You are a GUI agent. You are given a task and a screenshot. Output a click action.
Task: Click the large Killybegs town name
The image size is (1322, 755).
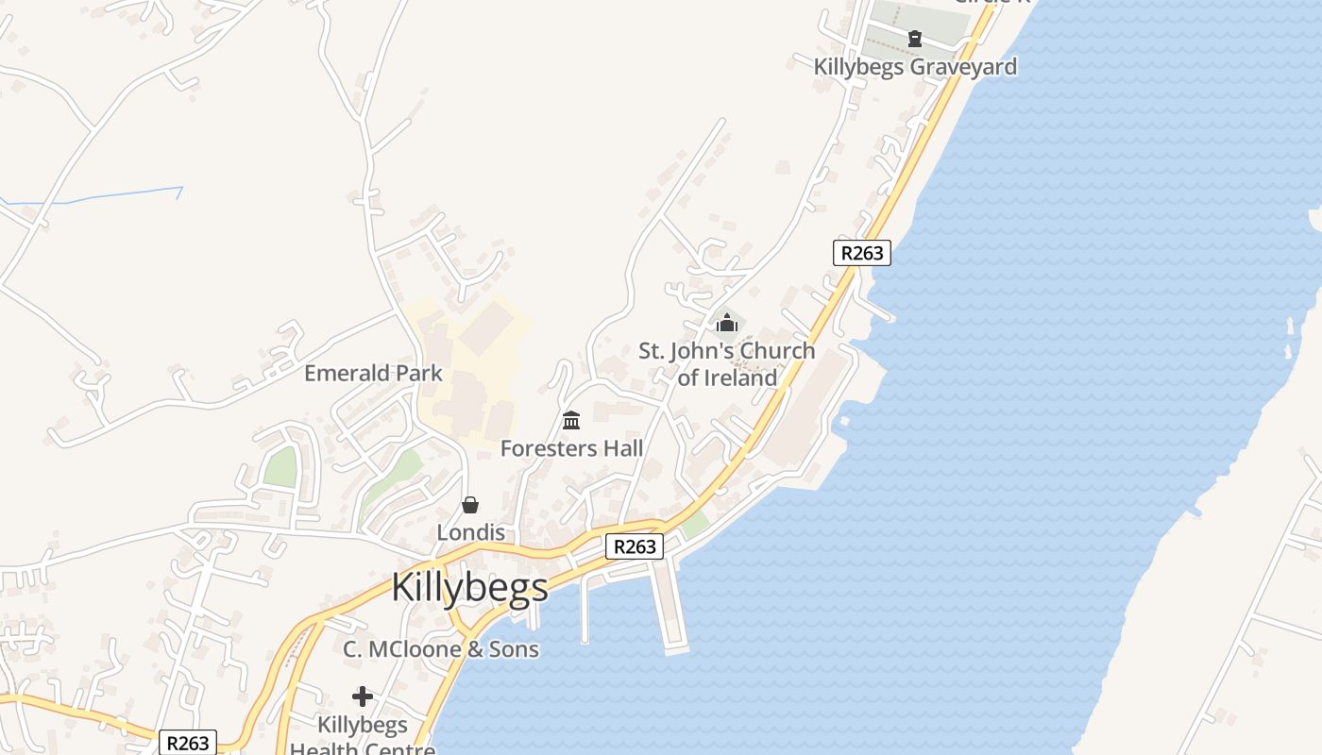pos(469,587)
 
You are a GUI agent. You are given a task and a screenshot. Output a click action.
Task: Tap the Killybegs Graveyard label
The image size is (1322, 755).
pos(915,67)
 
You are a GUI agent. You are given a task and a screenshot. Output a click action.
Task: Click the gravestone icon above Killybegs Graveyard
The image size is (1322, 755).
pos(914,39)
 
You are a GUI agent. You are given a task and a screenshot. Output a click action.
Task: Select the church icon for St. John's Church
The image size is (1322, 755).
pos(726,324)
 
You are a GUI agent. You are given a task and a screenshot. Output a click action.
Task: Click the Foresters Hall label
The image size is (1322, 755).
pos(571,448)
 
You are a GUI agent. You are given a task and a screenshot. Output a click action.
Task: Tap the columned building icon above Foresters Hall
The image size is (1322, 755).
pos(571,420)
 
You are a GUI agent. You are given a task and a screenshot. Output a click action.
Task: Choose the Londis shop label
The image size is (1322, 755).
pos(470,532)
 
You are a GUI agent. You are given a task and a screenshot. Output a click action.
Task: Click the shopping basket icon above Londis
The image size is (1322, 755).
pos(470,505)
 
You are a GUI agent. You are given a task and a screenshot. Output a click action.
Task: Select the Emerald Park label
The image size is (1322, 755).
pos(373,373)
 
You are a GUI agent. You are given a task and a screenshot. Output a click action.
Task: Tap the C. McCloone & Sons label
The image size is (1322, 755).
pos(441,649)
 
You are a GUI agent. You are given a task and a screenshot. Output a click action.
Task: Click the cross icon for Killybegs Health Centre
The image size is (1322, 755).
pos(363,696)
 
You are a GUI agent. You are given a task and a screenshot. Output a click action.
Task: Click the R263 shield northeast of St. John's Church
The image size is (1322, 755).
pos(862,253)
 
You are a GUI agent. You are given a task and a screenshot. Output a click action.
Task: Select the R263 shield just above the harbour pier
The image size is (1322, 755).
pos(634,546)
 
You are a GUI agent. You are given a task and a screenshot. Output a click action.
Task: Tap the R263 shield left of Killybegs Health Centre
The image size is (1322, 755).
pos(187,743)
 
